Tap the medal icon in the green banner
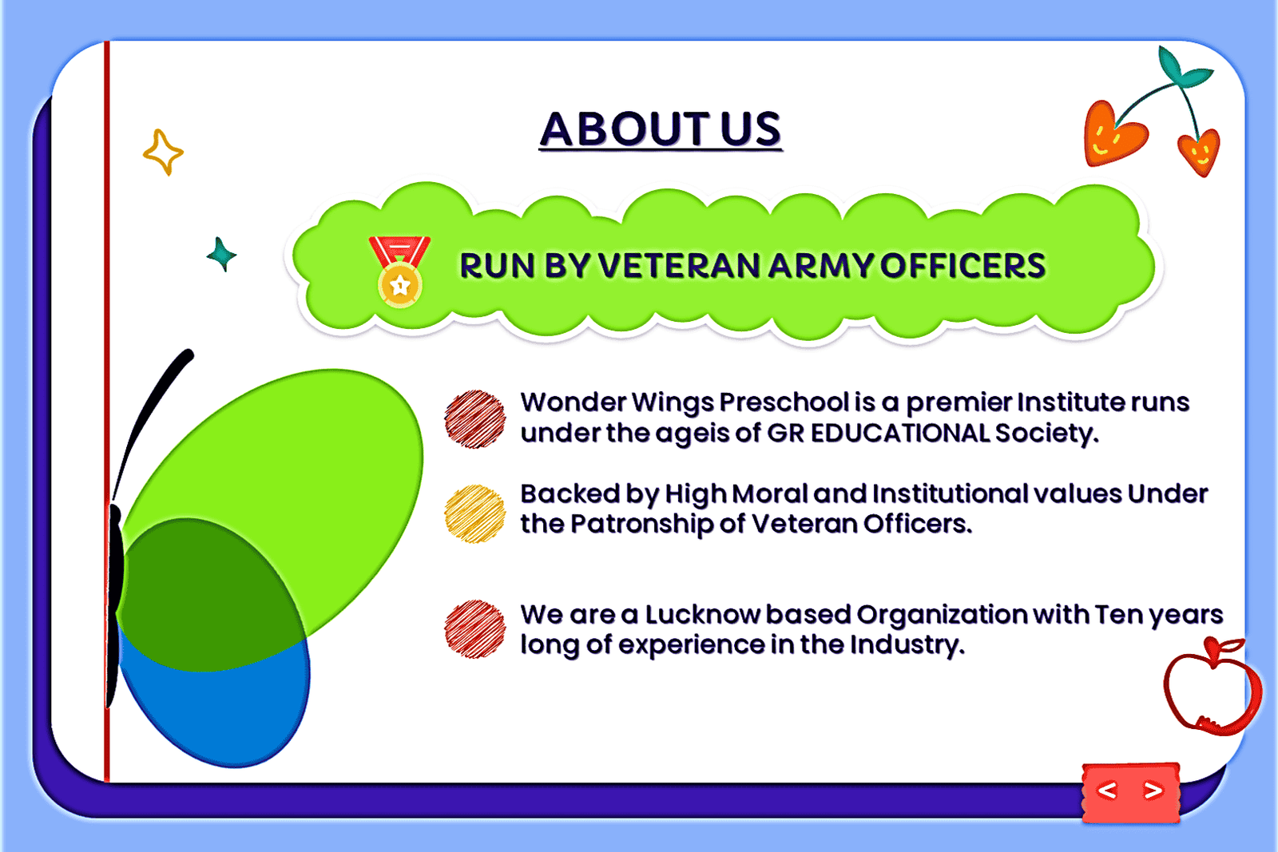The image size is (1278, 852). point(400,271)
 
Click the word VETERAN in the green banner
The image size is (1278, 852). point(680,266)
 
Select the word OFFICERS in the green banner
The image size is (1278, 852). point(962,266)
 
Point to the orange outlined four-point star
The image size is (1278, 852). point(164,153)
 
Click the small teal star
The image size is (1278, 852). point(221,255)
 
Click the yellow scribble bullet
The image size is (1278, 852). point(474,513)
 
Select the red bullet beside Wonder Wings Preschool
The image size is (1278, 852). point(474,419)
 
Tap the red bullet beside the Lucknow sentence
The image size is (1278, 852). point(474,629)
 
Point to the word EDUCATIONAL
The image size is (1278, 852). point(899,434)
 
